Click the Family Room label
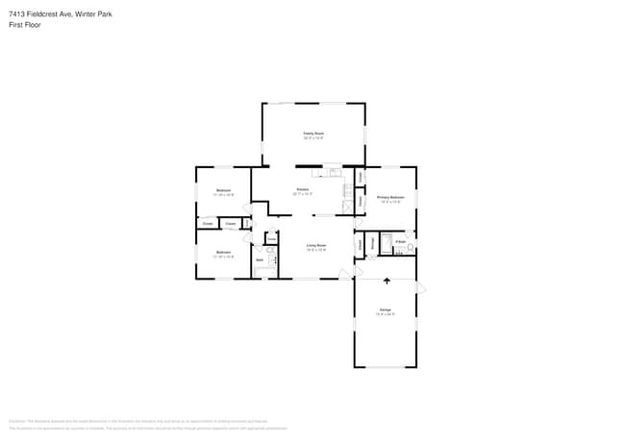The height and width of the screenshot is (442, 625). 313,134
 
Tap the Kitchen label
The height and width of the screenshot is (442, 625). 302,189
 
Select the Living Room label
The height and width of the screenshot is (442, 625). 316,246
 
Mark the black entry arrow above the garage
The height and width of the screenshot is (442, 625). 387,282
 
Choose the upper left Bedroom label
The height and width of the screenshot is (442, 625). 223,190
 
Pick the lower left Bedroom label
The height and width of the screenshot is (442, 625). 223,253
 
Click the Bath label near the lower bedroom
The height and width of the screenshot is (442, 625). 260,260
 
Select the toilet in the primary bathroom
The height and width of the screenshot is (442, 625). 410,248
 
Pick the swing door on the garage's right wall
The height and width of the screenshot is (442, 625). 420,286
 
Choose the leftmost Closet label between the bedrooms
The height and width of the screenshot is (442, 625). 208,224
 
